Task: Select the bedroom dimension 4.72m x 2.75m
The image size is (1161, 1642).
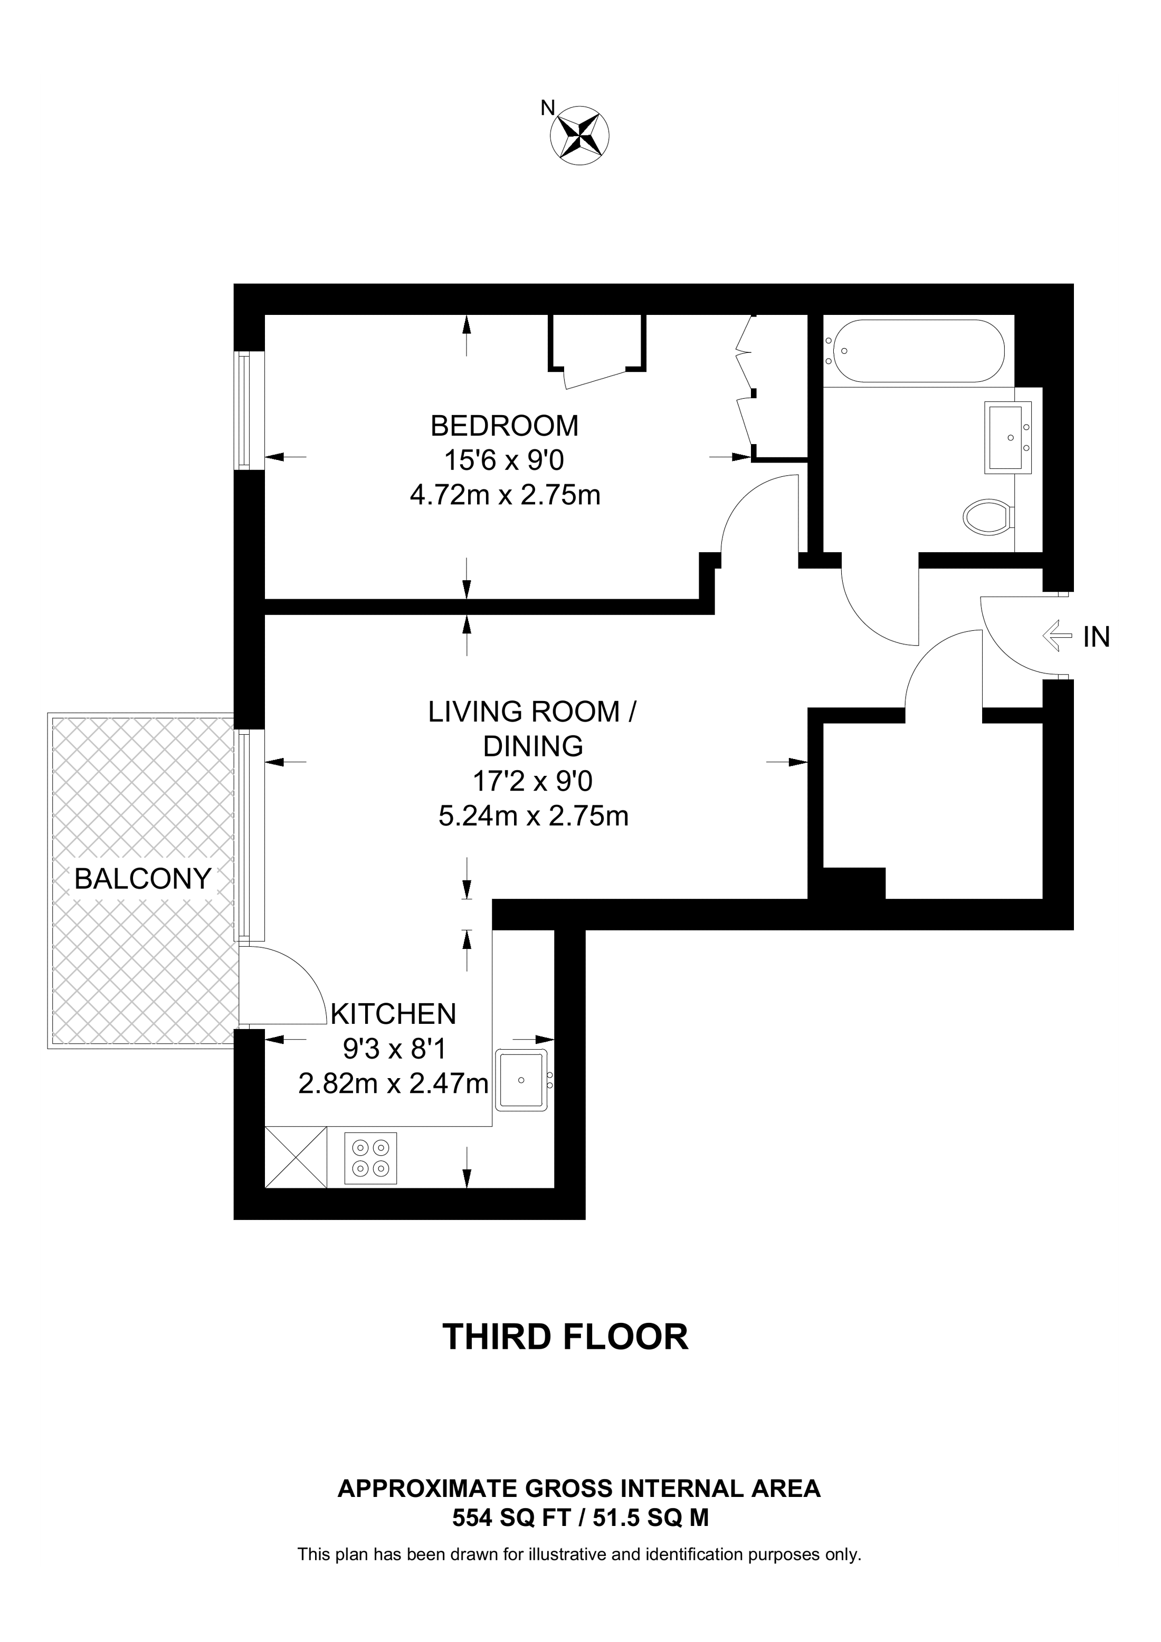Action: click(x=505, y=495)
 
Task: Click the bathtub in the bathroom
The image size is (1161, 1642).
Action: click(x=914, y=351)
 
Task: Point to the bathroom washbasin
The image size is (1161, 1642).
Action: click(x=1008, y=437)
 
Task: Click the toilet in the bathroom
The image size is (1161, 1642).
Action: click(x=987, y=515)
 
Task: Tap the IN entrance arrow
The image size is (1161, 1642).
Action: click(x=1057, y=635)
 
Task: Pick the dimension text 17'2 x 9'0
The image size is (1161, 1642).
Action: click(x=532, y=781)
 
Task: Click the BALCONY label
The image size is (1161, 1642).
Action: click(x=142, y=878)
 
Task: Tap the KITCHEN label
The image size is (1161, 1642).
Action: click(x=393, y=1013)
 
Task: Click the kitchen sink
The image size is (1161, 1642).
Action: click(x=521, y=1079)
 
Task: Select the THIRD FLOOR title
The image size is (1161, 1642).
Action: click(x=565, y=1337)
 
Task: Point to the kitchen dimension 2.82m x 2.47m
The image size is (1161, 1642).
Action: click(x=393, y=1084)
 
